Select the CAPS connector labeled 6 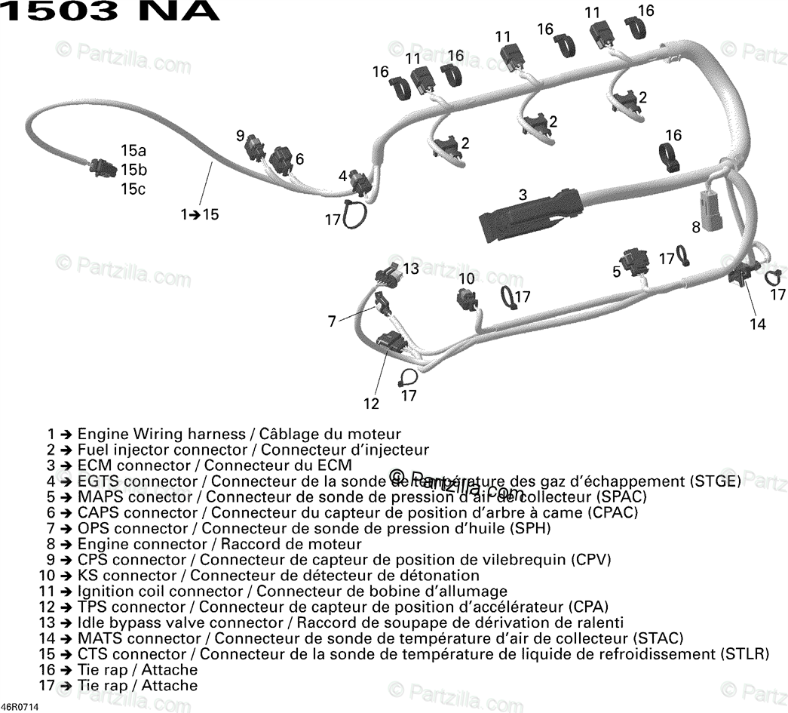click(281, 160)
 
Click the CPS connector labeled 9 click(255, 149)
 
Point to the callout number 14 click(757, 324)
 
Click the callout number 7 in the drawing click(332, 321)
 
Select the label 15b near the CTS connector click(133, 170)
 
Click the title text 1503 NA click(110, 11)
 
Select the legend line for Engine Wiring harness click(224, 435)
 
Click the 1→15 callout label click(199, 214)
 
